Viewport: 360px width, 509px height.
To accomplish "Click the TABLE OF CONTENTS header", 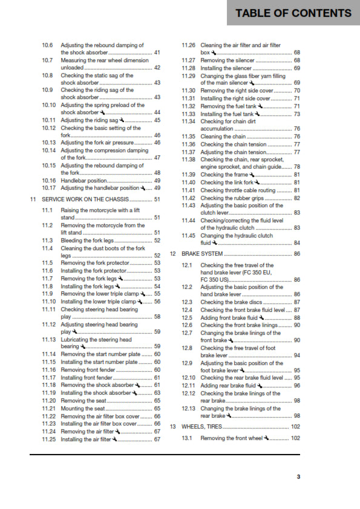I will click(x=293, y=13).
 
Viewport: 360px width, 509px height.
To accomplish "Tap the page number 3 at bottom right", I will click(x=298, y=477).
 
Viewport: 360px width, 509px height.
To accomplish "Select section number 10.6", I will click(x=47, y=45).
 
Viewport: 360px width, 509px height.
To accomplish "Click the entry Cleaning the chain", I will click(x=223, y=137).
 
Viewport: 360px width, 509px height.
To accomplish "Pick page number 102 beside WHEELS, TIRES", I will click(x=295, y=427).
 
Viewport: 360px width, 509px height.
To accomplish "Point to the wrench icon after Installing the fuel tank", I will click(x=258, y=113).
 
